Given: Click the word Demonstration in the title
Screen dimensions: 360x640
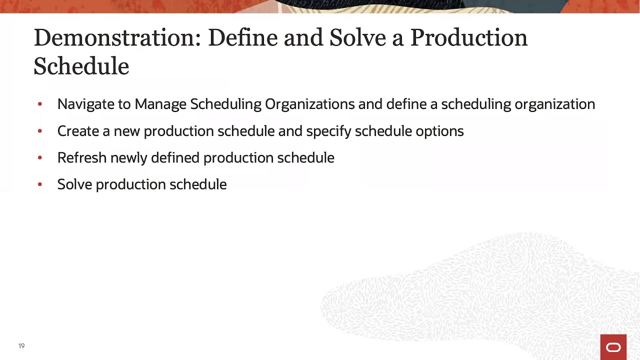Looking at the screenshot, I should coord(117,38).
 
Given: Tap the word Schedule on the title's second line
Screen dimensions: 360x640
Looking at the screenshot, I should coord(81,66).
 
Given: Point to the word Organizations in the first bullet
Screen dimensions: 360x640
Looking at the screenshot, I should coord(309,104).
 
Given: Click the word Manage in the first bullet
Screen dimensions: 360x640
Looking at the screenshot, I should coord(160,104).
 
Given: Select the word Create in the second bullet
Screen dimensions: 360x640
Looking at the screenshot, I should coord(78,131).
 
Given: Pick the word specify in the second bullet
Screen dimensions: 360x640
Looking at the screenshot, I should coord(328,131).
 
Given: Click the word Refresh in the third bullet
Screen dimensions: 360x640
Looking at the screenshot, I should coord(82,158).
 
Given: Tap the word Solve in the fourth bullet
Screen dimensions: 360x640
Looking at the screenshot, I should coord(74,184).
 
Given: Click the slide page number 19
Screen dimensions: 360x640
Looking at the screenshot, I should coord(21,346).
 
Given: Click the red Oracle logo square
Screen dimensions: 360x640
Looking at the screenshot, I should coord(613,347).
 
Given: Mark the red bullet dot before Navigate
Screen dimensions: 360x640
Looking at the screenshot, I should coord(40,104).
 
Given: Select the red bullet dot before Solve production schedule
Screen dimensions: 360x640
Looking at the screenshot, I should coord(40,184).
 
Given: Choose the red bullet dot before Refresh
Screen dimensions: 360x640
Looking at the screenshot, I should coord(40,158).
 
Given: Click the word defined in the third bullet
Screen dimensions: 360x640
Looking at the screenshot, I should coord(175,158).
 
